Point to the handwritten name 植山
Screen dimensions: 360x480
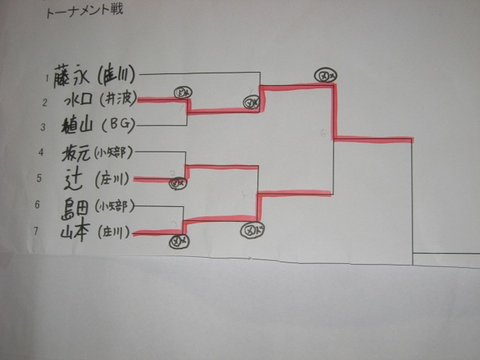(76, 124)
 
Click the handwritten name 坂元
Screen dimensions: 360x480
(76, 152)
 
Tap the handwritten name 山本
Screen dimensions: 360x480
(76, 231)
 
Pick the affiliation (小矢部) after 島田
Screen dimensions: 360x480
(112, 207)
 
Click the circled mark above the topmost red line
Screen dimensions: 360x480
(325, 74)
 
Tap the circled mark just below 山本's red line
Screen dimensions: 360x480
(177, 242)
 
